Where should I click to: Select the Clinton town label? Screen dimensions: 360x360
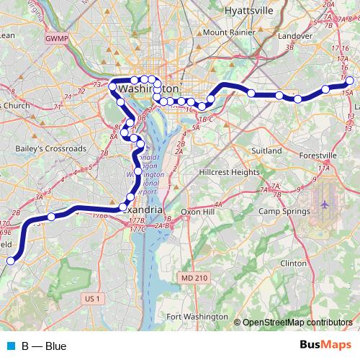pyautogui.click(x=293, y=264)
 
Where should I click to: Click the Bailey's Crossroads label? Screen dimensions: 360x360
pyautogui.click(x=50, y=149)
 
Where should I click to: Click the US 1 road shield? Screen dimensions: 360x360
pyautogui.click(x=91, y=297)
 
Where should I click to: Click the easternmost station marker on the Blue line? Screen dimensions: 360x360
pyautogui.click(x=350, y=81)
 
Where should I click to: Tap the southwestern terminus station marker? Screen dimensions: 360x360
pyautogui.click(x=11, y=261)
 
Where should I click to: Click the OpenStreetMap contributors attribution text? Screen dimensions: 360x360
pyautogui.click(x=297, y=322)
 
